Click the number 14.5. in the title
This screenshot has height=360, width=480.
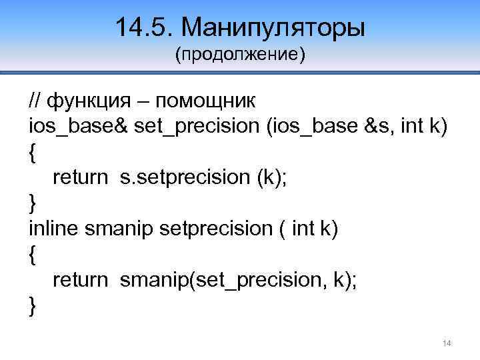click(143, 27)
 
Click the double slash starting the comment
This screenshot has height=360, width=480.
click(35, 101)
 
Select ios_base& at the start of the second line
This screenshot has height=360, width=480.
click(78, 127)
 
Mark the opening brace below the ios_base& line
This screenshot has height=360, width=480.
click(33, 153)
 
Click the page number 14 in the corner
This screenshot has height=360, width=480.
click(447, 343)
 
